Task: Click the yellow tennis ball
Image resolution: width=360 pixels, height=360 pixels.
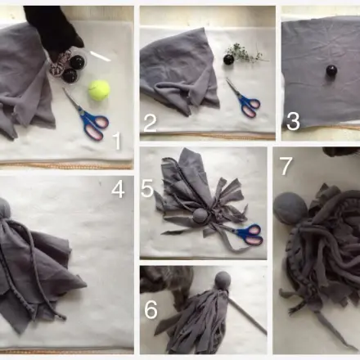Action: (x=99, y=90)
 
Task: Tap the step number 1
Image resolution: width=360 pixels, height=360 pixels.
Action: (x=117, y=141)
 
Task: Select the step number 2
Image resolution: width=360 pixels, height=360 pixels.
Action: (x=150, y=124)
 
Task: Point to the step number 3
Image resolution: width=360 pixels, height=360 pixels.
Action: (x=293, y=122)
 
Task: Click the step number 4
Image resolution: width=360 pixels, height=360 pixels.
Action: (x=118, y=189)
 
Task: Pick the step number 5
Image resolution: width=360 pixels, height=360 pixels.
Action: (x=147, y=189)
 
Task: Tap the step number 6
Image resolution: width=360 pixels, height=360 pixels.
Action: (x=151, y=310)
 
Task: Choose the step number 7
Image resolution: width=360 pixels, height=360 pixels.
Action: (x=286, y=166)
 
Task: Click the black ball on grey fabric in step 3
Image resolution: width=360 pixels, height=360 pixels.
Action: (x=331, y=70)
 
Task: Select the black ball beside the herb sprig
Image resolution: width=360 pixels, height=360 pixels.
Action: (x=228, y=59)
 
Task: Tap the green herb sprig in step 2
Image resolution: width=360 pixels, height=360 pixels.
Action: (x=245, y=53)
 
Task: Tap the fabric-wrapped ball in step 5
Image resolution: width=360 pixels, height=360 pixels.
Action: (x=200, y=217)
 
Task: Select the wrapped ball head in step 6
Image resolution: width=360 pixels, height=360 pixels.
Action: (x=223, y=280)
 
